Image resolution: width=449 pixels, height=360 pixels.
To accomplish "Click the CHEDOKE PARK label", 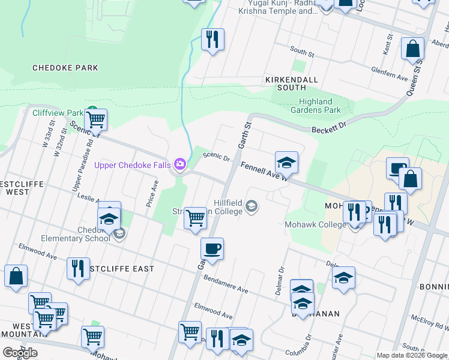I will pyautogui.click(x=65, y=68).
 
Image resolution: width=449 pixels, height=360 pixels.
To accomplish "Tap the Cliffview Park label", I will pyautogui.click(x=58, y=113).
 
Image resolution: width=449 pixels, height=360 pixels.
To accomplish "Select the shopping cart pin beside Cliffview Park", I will pyautogui.click(x=96, y=119).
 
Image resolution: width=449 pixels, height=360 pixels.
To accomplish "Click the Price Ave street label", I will pyautogui.click(x=152, y=194).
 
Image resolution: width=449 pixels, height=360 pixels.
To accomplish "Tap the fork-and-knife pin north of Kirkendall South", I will pyautogui.click(x=212, y=40).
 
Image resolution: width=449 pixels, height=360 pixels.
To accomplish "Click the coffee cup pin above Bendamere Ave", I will pyautogui.click(x=212, y=248).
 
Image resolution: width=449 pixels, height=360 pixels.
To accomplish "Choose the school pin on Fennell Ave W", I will pyautogui.click(x=287, y=162).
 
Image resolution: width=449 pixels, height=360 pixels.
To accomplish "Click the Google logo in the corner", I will pyautogui.click(x=20, y=353).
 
